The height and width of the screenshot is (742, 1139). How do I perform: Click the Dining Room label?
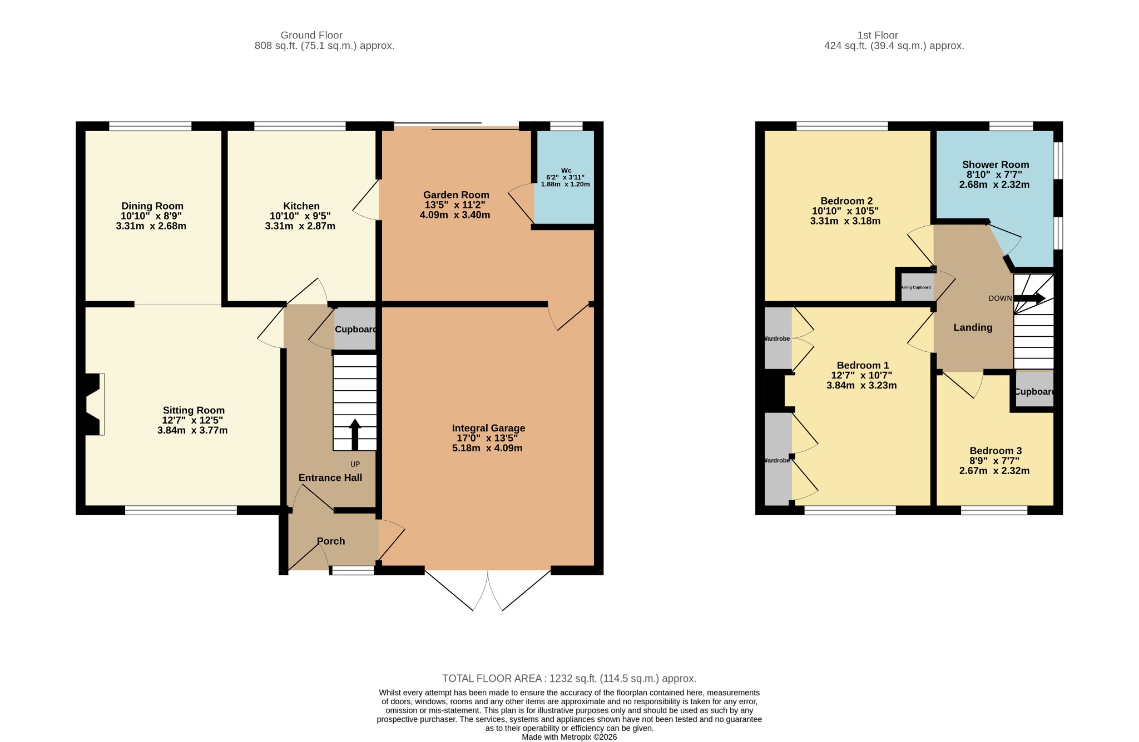(x=152, y=206)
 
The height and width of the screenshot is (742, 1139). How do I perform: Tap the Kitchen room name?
(x=301, y=206)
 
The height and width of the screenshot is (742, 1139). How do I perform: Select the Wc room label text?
(x=566, y=171)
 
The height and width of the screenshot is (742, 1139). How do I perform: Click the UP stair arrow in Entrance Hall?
(x=355, y=434)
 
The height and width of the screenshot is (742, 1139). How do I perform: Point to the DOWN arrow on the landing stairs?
(x=1029, y=298)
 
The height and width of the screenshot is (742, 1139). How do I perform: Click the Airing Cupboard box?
(x=917, y=287)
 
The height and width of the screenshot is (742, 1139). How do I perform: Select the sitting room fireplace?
(x=93, y=404)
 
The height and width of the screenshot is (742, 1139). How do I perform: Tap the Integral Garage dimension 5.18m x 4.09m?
(x=487, y=449)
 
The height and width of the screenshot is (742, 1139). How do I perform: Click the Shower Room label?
(x=996, y=165)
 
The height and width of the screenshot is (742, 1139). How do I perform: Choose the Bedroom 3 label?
(x=996, y=451)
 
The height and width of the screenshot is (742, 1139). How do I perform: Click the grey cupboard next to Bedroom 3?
(x=1034, y=389)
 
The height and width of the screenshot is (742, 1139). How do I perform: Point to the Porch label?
(x=331, y=541)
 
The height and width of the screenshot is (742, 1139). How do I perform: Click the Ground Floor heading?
(x=311, y=35)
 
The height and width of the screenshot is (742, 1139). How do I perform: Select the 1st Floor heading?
(x=878, y=35)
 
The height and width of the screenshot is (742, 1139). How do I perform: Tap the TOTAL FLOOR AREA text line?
(x=569, y=679)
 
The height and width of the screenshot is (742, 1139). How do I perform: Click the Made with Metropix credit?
(x=569, y=737)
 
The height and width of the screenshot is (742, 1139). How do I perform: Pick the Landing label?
(x=973, y=327)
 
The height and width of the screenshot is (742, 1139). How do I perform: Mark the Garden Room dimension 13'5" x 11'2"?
(x=455, y=205)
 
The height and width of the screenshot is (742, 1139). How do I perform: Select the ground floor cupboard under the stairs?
(x=355, y=329)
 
